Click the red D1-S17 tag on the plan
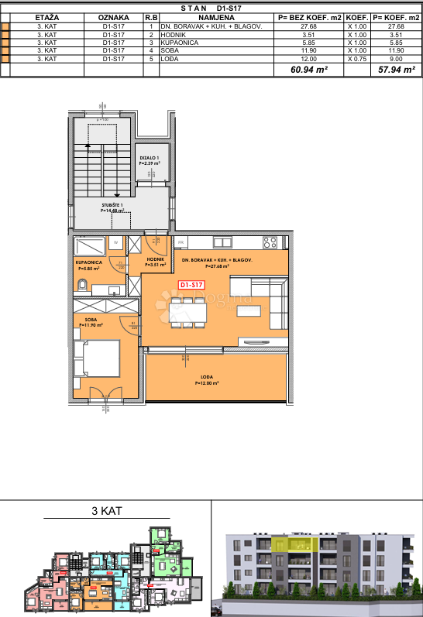pos(191,285)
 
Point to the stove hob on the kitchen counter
pos(270,242)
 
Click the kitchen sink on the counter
pos(232,242)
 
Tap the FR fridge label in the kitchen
pos(181,242)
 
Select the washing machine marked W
pos(115,242)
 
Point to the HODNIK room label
pos(156,261)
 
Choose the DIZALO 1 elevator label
pos(149,161)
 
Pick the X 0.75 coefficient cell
pos(356,59)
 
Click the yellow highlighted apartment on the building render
pos(297,543)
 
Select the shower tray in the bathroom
pos(92,246)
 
